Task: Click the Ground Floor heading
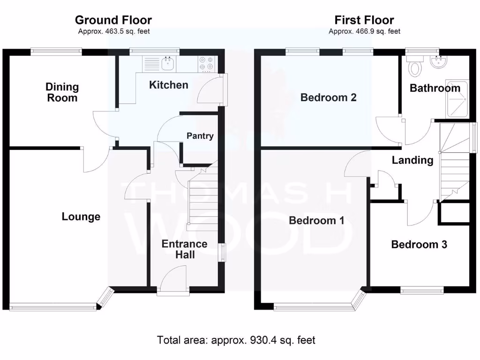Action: coord(113,20)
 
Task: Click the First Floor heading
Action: coord(364,20)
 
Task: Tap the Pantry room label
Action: coord(200,136)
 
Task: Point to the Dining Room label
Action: coord(62,92)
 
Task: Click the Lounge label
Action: coord(81,217)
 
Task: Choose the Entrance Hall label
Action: coord(184,249)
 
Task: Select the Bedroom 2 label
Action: coord(329,97)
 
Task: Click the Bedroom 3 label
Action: coord(419,244)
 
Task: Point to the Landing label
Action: coord(412,160)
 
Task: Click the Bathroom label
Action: coord(435,88)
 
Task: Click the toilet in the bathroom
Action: coord(415,67)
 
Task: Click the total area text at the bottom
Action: coord(236,340)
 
